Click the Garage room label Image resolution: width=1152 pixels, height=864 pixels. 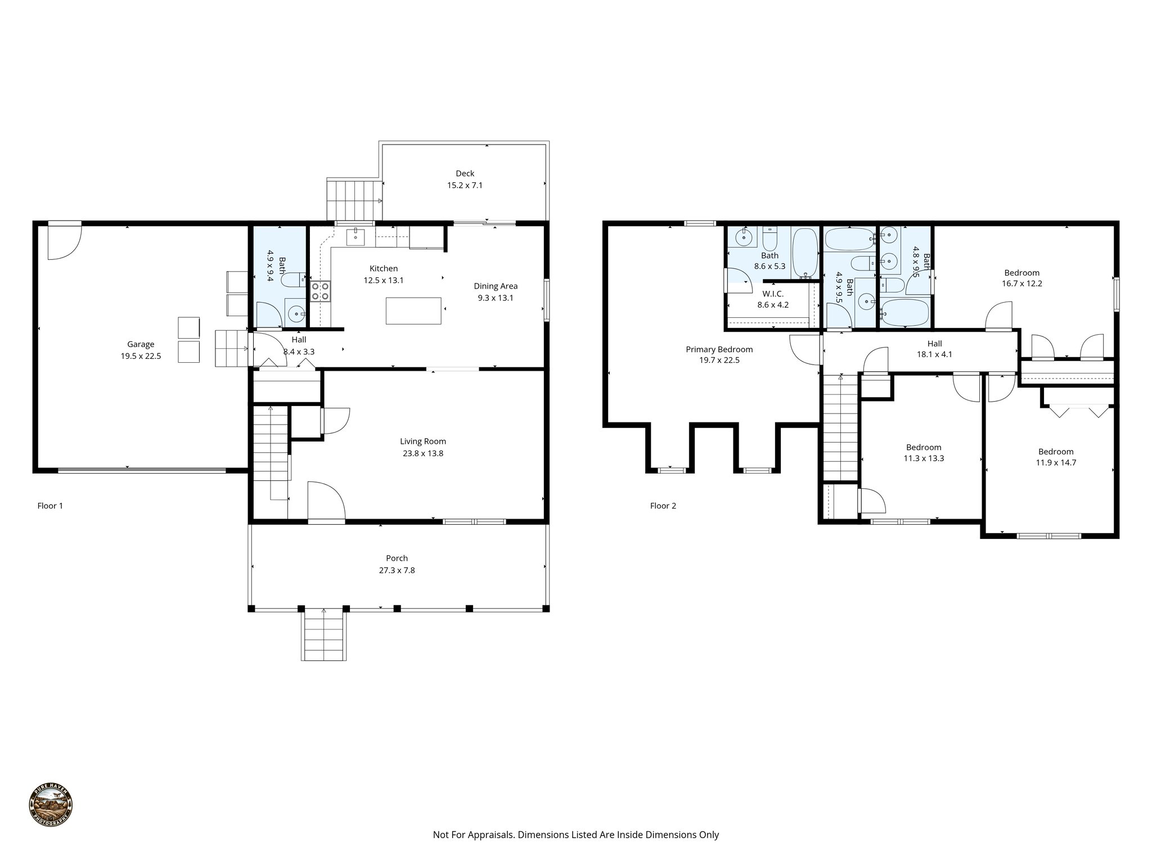coord(141,344)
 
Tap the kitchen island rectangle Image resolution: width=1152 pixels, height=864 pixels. coord(413,310)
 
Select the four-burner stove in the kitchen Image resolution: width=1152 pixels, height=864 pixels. coord(321,291)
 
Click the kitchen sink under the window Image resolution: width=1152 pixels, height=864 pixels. coord(355,237)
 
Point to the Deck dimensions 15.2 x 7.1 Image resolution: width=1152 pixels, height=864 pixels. coord(465,185)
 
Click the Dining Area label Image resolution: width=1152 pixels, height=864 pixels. coord(495,286)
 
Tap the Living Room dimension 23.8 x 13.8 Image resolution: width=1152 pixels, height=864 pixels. coord(423,453)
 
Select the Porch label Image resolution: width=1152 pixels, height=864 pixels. coord(397,558)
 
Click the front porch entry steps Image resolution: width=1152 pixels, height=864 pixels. coord(323,635)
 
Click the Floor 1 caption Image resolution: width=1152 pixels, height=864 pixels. coord(50,506)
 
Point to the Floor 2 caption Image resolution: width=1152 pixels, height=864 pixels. coord(663,506)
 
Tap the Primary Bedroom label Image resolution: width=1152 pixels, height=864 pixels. coord(719,349)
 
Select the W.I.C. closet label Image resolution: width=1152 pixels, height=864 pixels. coord(773,294)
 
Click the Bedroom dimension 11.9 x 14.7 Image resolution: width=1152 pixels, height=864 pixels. coord(1056,463)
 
